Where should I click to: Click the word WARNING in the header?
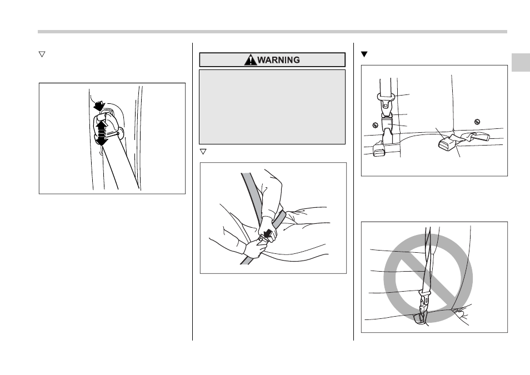point(278,60)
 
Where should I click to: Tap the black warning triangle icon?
point(251,60)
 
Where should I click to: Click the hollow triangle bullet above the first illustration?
point(42,54)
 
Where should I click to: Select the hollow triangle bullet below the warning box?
point(203,152)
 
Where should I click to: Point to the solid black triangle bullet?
point(364,54)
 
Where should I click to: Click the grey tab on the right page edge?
point(521,63)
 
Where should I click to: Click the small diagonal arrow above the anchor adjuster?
point(99,106)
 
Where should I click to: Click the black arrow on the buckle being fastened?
point(268,234)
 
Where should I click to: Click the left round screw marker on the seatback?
point(375,125)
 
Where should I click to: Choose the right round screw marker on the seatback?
point(477,122)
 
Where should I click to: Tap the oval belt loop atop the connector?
point(386,97)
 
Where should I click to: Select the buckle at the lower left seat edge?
point(379,149)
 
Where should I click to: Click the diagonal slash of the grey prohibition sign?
point(428,278)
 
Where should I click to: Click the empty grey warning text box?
point(272,107)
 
